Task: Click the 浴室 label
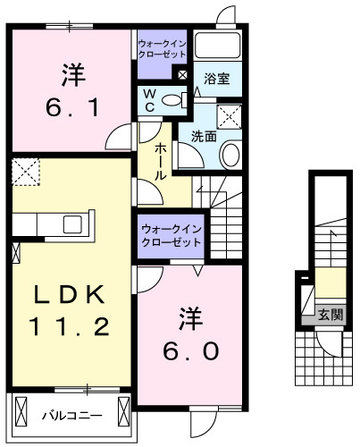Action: [x=217, y=79]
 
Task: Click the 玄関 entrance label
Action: [x=331, y=315]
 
